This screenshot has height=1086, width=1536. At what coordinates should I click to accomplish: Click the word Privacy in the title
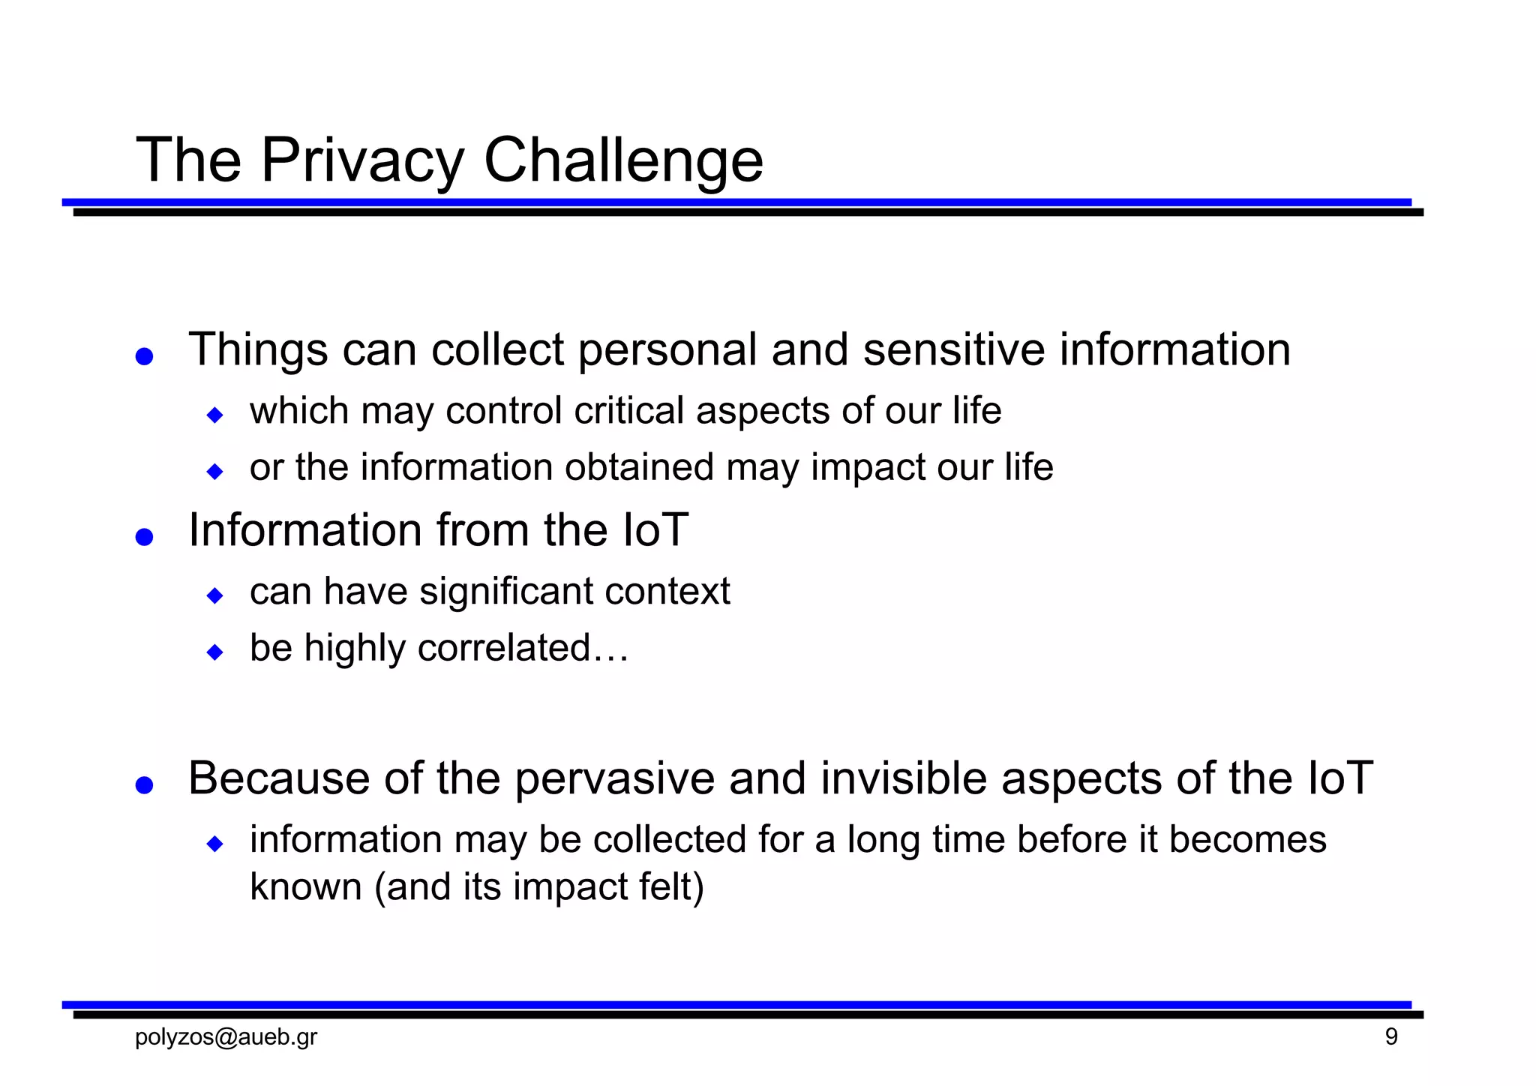[x=362, y=160]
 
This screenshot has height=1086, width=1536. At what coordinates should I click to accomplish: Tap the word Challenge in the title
[x=623, y=160]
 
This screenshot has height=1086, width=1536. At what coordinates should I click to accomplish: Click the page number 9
[x=1391, y=1037]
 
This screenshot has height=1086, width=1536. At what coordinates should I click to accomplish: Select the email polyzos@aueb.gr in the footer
[x=226, y=1037]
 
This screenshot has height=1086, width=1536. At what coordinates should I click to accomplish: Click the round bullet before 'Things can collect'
[x=145, y=356]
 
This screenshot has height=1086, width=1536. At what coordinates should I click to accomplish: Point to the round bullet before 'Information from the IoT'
[x=145, y=537]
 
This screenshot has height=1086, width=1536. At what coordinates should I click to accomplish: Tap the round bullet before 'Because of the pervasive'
[x=145, y=784]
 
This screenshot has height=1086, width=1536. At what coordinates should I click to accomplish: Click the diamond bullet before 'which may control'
[x=215, y=415]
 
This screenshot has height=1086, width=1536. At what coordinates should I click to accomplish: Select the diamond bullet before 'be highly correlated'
[x=215, y=652]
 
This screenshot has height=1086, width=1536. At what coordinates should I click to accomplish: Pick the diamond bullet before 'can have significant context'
[x=215, y=595]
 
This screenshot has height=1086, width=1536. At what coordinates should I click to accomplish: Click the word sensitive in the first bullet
[x=954, y=349]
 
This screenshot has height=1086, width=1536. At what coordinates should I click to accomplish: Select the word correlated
[x=504, y=647]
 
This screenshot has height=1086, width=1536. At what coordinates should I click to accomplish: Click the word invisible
[x=904, y=778]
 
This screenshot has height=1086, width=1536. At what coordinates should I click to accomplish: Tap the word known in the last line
[x=306, y=886]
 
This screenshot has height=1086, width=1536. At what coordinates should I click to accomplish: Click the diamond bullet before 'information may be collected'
[x=215, y=844]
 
